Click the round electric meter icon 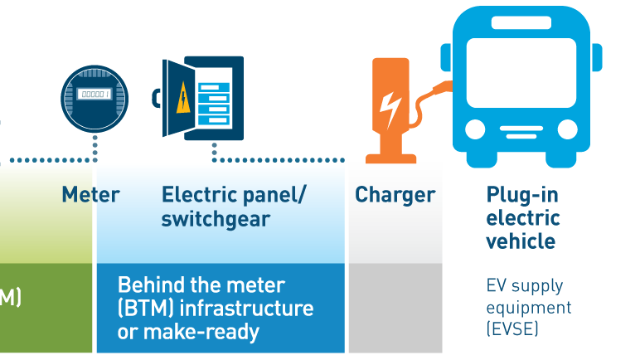pyautogui.click(x=95, y=99)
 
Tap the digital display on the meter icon pyautogui.click(x=95, y=94)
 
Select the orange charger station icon pyautogui.click(x=390, y=108)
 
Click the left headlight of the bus pyautogui.click(x=475, y=129)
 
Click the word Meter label pyautogui.click(x=90, y=195)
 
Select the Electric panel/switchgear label pyautogui.click(x=234, y=207)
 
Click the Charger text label pyautogui.click(x=395, y=195)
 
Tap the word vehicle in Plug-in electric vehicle pyautogui.click(x=521, y=241)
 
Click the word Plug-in pyautogui.click(x=522, y=195)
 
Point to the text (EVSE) pyautogui.click(x=512, y=329)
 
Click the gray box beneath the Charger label pyautogui.click(x=395, y=308)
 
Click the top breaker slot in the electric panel pyautogui.click(x=213, y=87)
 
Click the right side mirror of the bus pyautogui.click(x=597, y=56)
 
